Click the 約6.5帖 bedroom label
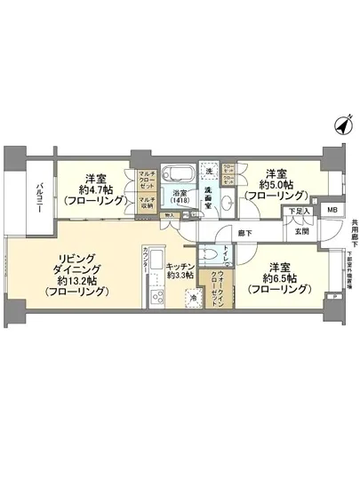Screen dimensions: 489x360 (x=279, y=277)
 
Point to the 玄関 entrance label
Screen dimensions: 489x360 (x=301, y=231)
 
